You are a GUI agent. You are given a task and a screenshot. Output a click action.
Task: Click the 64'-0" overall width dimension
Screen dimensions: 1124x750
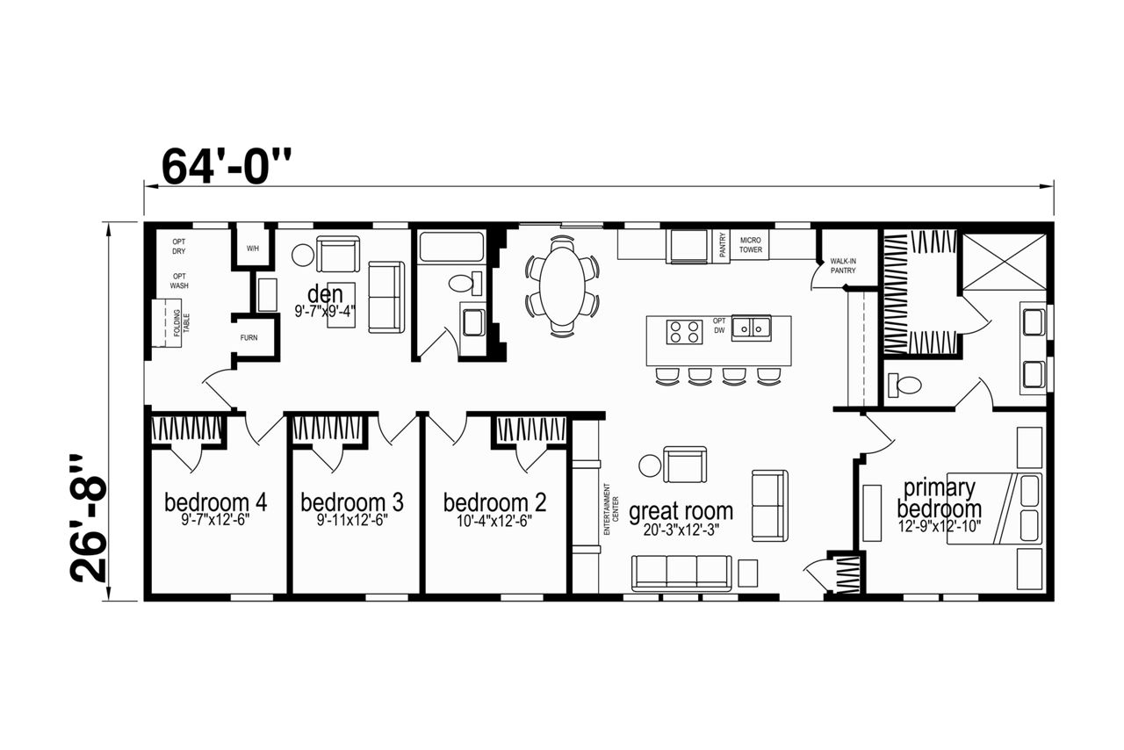click(x=227, y=166)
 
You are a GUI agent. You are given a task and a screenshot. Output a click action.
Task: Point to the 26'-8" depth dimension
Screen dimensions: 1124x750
click(x=89, y=519)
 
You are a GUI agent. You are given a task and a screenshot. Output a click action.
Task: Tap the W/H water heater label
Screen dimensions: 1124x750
click(x=253, y=249)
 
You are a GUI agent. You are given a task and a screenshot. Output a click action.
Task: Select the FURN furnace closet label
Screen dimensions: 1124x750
click(x=249, y=338)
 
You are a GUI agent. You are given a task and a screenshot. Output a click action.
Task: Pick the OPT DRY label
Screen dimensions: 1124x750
click(x=179, y=247)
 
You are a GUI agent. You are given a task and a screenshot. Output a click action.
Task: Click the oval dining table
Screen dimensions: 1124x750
click(x=563, y=285)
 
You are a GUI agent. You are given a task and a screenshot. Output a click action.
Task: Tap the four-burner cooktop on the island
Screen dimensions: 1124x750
click(x=684, y=332)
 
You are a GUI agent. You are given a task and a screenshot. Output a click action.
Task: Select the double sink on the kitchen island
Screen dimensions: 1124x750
click(x=751, y=328)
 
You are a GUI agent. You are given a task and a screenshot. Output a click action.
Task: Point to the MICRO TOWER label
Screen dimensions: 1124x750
click(x=751, y=245)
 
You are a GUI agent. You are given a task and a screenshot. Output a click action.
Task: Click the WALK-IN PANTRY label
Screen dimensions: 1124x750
click(x=843, y=265)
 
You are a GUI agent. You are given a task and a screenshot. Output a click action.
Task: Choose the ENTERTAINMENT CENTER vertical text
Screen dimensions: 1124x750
click(x=611, y=509)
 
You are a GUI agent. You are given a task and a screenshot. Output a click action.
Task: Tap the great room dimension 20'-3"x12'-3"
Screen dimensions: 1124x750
click(x=681, y=530)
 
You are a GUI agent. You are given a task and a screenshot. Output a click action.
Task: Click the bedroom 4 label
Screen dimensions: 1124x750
click(x=216, y=502)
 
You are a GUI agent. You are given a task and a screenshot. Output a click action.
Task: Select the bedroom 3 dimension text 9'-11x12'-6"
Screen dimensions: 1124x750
click(x=352, y=521)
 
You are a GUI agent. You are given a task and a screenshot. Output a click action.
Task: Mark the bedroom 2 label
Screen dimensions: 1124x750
click(x=494, y=502)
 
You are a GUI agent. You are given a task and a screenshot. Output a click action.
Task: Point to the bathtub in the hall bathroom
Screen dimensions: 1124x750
click(x=451, y=247)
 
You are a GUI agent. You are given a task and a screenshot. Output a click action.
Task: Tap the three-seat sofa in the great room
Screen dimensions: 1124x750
click(x=681, y=573)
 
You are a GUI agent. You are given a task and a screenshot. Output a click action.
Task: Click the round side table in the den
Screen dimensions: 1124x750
click(x=303, y=256)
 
